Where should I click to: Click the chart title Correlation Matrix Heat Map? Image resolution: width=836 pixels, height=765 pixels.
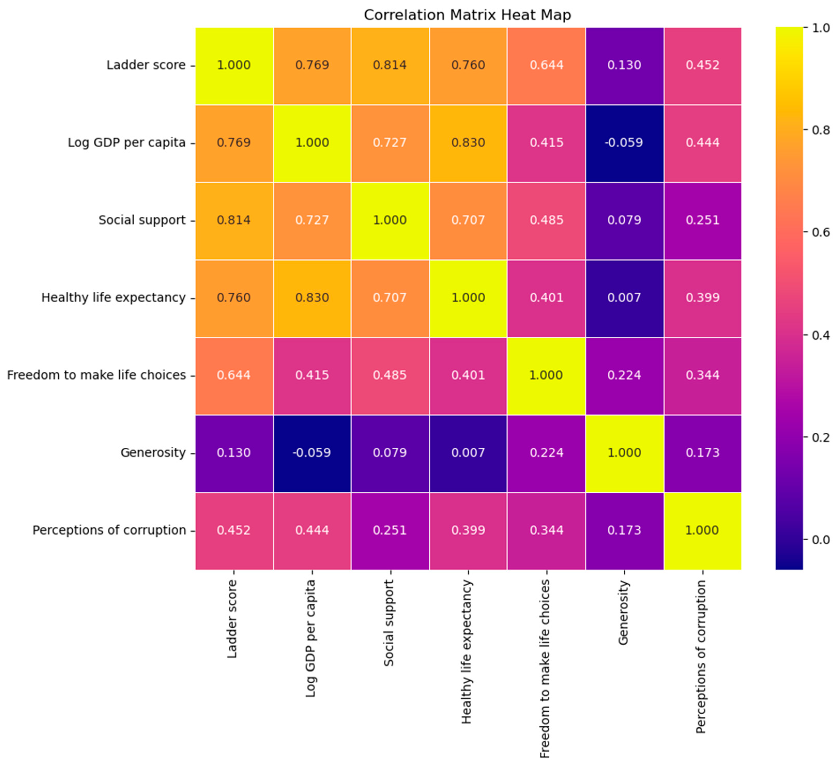(x=467, y=15)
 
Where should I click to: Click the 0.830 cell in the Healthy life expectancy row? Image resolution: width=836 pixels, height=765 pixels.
(x=312, y=298)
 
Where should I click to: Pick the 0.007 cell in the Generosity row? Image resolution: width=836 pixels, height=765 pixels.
(x=468, y=452)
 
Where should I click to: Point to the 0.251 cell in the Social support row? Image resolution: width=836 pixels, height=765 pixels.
(x=702, y=220)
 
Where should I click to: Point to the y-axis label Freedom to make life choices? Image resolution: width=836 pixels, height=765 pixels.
(x=96, y=375)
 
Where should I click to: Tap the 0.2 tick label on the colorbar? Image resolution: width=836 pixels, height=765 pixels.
(x=820, y=437)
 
